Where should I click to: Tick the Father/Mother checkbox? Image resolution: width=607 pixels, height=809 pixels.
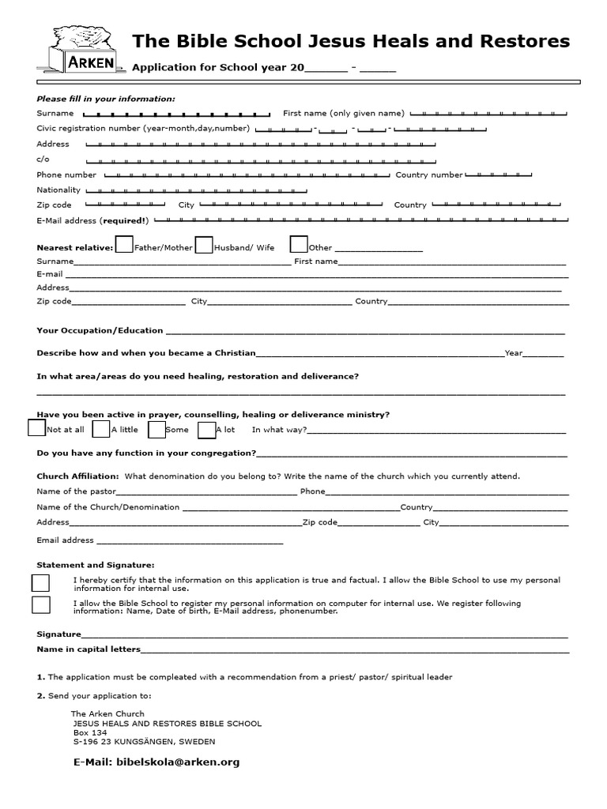tap(124, 246)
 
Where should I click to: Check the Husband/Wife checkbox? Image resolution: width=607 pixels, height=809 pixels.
tap(204, 246)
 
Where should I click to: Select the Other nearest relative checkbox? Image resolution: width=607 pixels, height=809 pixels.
tap(299, 246)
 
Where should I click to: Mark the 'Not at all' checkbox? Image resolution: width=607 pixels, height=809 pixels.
tap(36, 428)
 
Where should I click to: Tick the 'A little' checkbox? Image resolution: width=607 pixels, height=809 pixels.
tap(100, 429)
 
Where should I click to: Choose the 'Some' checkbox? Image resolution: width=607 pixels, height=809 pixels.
tap(156, 429)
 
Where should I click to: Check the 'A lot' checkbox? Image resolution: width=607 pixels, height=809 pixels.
tap(206, 429)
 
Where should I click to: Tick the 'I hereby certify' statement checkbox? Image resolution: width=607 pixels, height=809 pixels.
tap(40, 583)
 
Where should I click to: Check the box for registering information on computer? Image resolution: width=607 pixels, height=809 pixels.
tap(40, 605)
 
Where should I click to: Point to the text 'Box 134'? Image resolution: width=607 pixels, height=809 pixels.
tap(89, 732)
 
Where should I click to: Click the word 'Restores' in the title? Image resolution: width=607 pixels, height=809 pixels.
tap(529, 40)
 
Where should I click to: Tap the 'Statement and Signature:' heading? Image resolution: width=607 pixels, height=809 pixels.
tap(96, 565)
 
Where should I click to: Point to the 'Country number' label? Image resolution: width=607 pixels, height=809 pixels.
tap(429, 175)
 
